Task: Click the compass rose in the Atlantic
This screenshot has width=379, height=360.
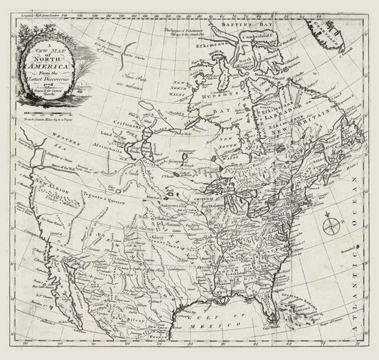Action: click(x=331, y=228)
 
